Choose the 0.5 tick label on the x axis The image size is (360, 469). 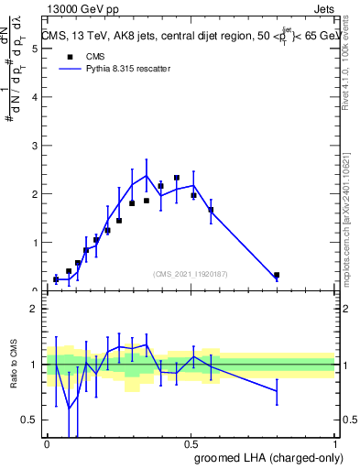point(191,444)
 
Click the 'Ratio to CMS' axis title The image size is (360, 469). point(14,365)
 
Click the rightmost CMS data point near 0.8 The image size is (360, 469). point(277,275)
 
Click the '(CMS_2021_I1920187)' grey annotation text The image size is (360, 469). point(191,273)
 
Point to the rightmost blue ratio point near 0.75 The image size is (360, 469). point(277,391)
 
